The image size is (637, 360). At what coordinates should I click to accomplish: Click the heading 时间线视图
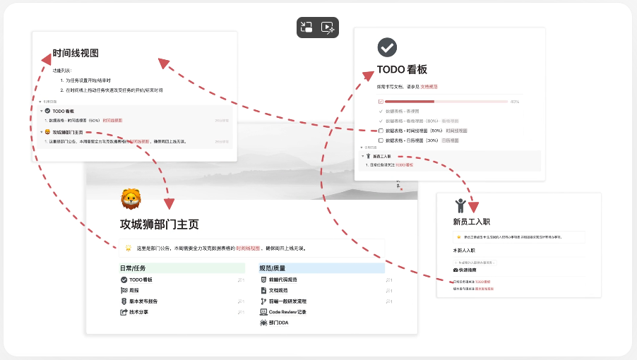76,54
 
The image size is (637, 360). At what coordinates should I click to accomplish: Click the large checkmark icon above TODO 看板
387,47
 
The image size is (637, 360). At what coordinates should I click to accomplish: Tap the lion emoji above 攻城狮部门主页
131,199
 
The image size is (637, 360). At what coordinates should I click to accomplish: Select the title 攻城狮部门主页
160,224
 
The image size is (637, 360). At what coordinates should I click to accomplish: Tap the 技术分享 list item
138,311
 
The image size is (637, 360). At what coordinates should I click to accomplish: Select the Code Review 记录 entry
287,311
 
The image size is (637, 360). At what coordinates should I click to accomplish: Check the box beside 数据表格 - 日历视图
381,141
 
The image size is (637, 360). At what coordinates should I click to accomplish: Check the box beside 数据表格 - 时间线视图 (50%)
381,131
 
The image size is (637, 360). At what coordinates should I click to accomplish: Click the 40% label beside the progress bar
515,102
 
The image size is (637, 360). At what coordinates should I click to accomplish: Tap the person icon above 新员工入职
460,205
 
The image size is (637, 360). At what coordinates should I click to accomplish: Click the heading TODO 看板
402,70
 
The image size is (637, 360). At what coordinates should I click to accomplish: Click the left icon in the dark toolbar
306,28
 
